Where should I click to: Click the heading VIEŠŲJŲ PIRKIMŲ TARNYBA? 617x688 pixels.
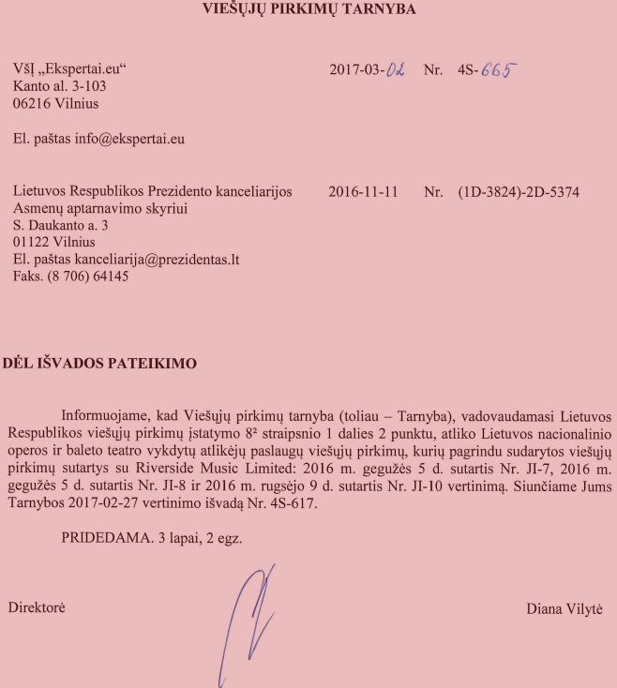(x=309, y=9)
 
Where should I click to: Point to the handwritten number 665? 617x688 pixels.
(x=499, y=69)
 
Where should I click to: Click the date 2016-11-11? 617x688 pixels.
(x=364, y=192)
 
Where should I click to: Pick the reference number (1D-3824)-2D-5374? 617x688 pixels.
(x=519, y=192)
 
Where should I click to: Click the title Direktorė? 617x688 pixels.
(x=37, y=607)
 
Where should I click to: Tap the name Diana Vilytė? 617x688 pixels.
(x=564, y=608)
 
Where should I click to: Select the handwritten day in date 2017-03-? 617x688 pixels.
(x=396, y=70)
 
